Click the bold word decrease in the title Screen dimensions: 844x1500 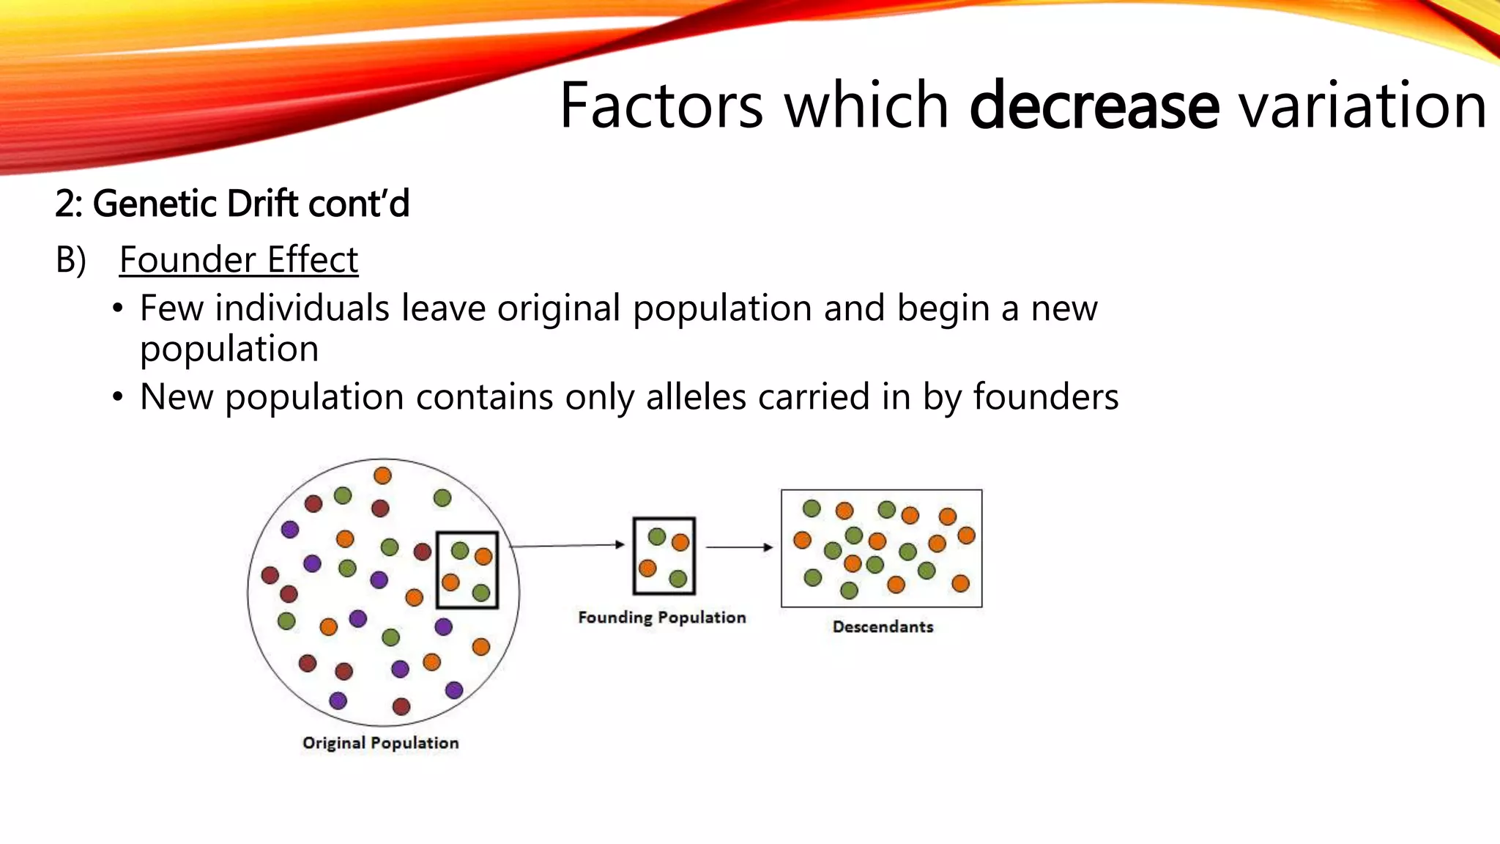[x=1094, y=106]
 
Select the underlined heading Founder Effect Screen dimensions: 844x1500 [x=239, y=260]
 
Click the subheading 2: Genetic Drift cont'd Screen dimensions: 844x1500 [x=232, y=204]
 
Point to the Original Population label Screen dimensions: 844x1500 [x=380, y=743]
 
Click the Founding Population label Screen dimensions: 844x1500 [x=661, y=618]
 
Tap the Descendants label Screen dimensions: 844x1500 [x=883, y=627]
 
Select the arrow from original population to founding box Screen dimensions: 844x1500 [x=568, y=545]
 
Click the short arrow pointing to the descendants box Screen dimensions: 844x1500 [x=739, y=547]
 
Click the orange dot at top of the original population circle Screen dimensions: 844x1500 [x=382, y=475]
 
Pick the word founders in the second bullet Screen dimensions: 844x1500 [x=1045, y=397]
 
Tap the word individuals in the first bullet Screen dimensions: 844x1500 [x=302, y=308]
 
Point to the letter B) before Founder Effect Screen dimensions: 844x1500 [x=71, y=260]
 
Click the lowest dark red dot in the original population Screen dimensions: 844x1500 [x=401, y=706]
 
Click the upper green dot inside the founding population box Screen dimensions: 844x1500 [x=657, y=536]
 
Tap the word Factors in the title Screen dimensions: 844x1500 [x=661, y=106]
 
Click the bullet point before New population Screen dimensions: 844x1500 [x=118, y=398]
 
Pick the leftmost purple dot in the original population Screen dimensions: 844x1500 [x=290, y=529]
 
